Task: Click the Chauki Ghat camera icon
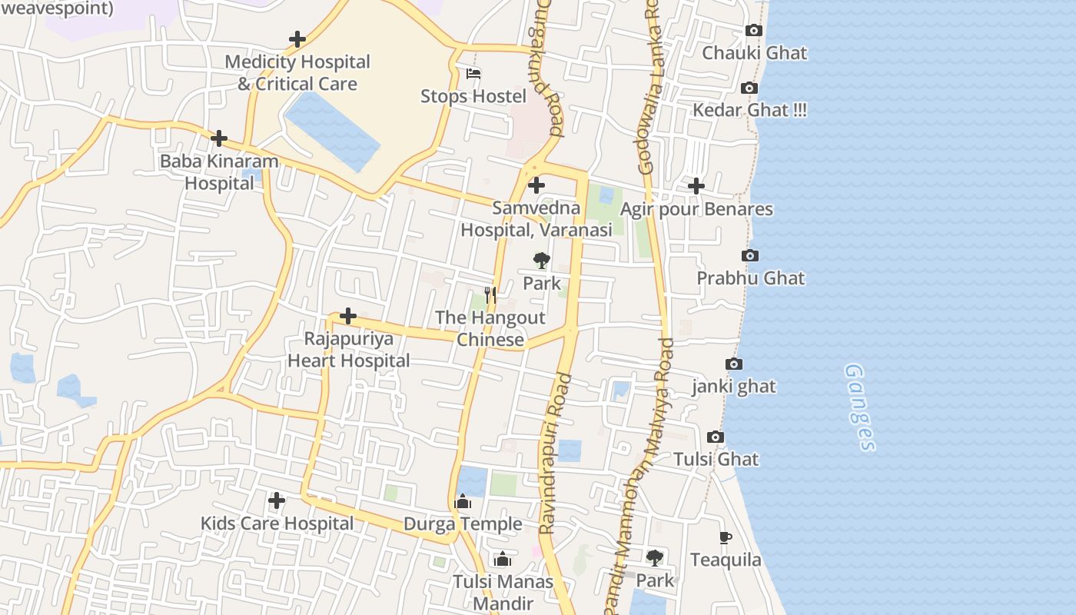[754, 31]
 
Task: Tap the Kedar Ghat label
[749, 110]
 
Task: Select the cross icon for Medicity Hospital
[297, 39]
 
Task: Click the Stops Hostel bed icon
[473, 75]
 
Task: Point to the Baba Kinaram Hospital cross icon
[219, 138]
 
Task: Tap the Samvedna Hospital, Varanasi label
[536, 219]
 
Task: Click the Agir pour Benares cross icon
[696, 186]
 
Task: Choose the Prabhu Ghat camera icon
[750, 256]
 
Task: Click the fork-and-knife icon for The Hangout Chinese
[490, 295]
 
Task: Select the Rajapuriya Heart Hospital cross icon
[348, 316]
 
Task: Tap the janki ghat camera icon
[734, 364]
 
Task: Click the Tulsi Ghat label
[716, 460]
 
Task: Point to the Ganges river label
[860, 407]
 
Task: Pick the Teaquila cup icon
[725, 538]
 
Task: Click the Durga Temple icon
[463, 502]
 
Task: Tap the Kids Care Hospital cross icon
[277, 500]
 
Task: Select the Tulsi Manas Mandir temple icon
[503, 559]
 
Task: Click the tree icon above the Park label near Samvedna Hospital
[542, 261]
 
